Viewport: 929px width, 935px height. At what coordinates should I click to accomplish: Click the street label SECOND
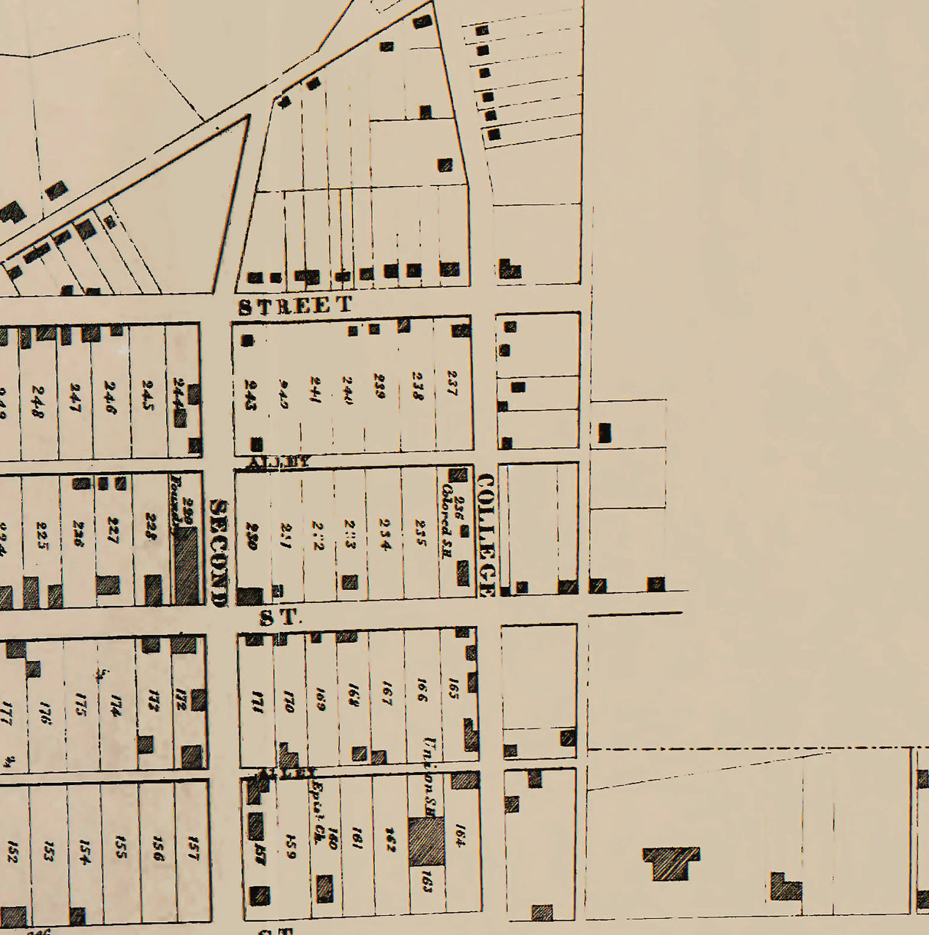click(219, 552)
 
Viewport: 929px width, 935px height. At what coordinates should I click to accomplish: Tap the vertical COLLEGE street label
click(486, 535)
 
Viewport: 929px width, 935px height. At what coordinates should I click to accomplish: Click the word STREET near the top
click(295, 305)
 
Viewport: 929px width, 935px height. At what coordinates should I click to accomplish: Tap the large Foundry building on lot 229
click(186, 567)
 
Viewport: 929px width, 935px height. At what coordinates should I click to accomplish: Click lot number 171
click(257, 699)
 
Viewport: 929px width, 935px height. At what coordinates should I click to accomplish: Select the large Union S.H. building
click(425, 842)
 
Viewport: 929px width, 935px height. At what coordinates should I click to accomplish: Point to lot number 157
click(193, 847)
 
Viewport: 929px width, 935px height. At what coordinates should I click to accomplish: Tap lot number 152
click(11, 852)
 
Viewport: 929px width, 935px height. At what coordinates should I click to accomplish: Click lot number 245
click(148, 394)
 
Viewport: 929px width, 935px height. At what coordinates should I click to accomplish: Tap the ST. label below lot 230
click(278, 617)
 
